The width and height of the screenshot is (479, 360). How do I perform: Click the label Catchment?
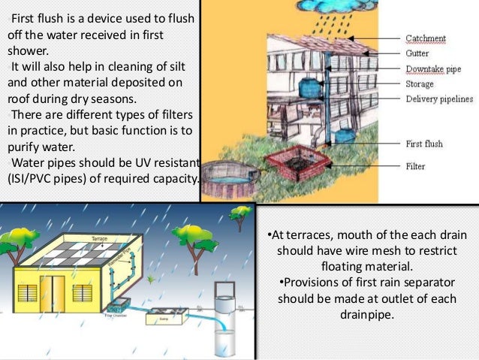(x=426, y=38)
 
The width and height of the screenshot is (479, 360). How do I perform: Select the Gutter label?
(x=417, y=53)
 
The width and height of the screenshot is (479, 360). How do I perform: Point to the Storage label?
(x=419, y=84)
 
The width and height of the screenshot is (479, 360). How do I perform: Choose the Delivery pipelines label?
(x=438, y=99)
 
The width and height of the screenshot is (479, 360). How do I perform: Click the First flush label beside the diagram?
(x=424, y=144)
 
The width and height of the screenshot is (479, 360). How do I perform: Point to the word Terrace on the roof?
(x=100, y=237)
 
